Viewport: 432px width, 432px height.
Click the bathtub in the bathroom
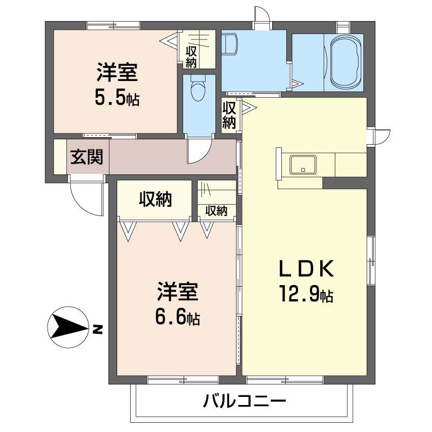tap(346, 62)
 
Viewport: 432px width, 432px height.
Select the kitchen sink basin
tap(303, 165)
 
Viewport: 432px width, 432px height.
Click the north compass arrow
tap(69, 327)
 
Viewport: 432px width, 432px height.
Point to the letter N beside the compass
tap(97, 329)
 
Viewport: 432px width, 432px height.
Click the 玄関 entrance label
tap(86, 157)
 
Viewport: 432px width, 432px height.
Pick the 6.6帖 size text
tap(178, 318)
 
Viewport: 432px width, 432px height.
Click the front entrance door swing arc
tap(83, 205)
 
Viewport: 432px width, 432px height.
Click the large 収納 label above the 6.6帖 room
tap(155, 199)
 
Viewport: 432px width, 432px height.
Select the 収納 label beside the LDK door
tap(229, 115)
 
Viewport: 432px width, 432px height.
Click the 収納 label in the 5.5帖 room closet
tap(191, 57)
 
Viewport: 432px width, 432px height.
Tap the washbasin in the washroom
tap(229, 44)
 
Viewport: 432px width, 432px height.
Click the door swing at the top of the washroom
tap(262, 15)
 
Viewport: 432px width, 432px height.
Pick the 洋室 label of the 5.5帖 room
tap(117, 72)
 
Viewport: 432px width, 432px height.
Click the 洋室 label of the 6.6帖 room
tap(178, 292)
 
